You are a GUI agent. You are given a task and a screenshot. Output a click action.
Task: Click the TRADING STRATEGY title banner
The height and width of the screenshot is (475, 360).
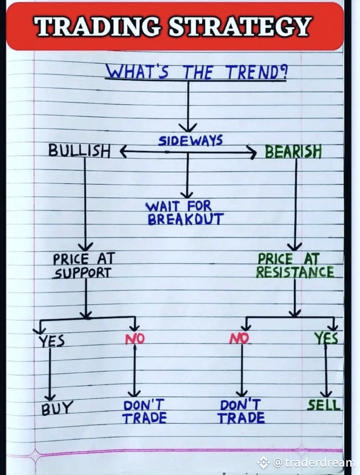pyautogui.click(x=174, y=26)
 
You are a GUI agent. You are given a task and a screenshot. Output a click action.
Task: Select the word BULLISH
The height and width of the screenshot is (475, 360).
pyautogui.click(x=79, y=151)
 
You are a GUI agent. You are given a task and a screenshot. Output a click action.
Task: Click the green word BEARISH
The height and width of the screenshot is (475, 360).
pyautogui.click(x=293, y=152)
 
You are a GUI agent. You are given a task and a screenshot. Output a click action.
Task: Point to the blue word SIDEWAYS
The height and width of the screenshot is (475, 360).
pyautogui.click(x=190, y=141)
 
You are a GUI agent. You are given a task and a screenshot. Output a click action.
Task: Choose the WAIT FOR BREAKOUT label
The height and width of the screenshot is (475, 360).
pyautogui.click(x=185, y=213)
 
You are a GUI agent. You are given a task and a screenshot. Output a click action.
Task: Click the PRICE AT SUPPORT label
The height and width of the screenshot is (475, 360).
pyautogui.click(x=83, y=265)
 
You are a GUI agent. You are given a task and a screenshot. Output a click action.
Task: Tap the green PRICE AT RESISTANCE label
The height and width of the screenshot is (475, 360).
pyautogui.click(x=295, y=265)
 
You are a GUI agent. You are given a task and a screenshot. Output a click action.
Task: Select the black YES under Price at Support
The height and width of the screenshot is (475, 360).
pyautogui.click(x=51, y=340)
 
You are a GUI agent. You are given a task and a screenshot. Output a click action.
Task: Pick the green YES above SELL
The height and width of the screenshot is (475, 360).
pyautogui.click(x=326, y=338)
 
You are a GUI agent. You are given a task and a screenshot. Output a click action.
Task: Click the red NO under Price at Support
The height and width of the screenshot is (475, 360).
pyautogui.click(x=135, y=338)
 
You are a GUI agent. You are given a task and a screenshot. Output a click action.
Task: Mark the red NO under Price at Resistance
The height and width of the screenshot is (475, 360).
pyautogui.click(x=239, y=338)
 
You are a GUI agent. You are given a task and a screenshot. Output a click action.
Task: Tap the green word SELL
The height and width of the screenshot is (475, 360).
pyautogui.click(x=324, y=405)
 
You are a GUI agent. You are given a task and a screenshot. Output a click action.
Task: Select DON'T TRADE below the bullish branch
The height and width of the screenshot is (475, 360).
pyautogui.click(x=144, y=411)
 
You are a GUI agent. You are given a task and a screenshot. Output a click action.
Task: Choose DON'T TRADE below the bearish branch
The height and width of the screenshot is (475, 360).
pyautogui.click(x=241, y=411)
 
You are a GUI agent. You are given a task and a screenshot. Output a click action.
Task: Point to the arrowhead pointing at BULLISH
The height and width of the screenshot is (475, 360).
pyautogui.click(x=123, y=152)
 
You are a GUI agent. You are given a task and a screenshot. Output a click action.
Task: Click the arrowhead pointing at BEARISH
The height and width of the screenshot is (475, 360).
pyautogui.click(x=252, y=153)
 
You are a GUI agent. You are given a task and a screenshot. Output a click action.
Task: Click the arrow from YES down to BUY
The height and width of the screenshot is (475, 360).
pyautogui.click(x=50, y=372)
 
